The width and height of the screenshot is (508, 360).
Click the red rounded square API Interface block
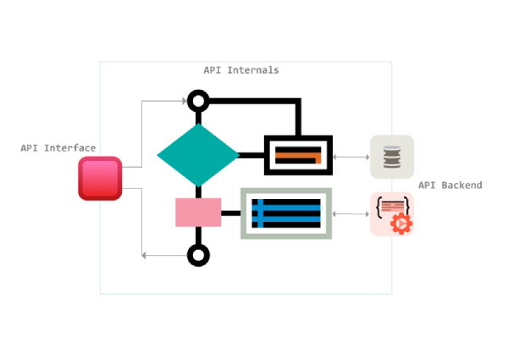(x=101, y=179)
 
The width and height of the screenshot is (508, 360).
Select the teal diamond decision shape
(x=198, y=155)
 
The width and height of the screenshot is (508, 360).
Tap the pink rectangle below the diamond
(x=198, y=213)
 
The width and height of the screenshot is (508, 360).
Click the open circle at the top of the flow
(x=198, y=102)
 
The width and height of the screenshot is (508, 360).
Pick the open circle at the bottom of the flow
(x=198, y=255)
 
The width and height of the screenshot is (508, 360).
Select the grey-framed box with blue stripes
(x=286, y=213)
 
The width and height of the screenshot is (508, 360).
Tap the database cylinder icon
(x=391, y=157)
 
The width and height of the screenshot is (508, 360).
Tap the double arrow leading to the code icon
(x=351, y=213)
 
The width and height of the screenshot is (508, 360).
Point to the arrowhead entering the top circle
(x=183, y=102)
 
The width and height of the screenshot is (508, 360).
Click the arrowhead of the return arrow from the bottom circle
(x=146, y=255)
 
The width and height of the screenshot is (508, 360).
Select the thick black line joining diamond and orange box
(x=251, y=155)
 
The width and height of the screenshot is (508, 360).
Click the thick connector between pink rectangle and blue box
(x=231, y=213)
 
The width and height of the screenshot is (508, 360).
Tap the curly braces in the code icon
(x=391, y=206)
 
